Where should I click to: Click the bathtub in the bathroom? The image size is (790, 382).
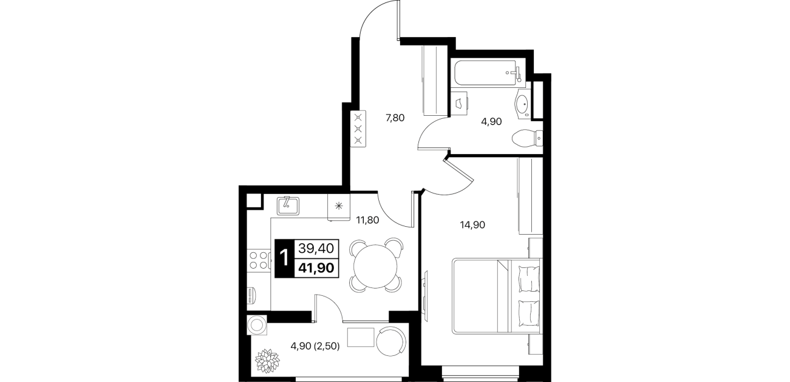[488, 73]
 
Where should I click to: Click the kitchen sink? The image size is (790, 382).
[288, 206]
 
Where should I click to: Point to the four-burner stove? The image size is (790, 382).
[259, 260]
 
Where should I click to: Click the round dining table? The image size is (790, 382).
[375, 266]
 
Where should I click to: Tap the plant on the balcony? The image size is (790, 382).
[267, 361]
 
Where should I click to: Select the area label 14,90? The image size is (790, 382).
[472, 224]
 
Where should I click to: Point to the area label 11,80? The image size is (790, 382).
[367, 220]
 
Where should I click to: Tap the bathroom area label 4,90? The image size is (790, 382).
[491, 122]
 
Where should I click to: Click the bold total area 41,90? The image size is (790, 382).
[316, 268]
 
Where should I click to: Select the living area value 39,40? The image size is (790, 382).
[316, 249]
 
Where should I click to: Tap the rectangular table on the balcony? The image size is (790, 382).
[361, 337]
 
